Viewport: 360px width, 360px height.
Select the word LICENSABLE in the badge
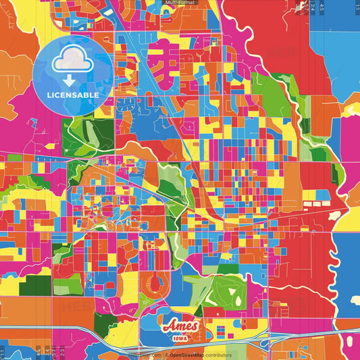click(73, 95)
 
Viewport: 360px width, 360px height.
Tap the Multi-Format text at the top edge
click(180, 3)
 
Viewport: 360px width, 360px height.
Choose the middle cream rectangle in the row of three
click(315, 202)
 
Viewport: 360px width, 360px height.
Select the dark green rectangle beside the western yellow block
click(32, 288)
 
